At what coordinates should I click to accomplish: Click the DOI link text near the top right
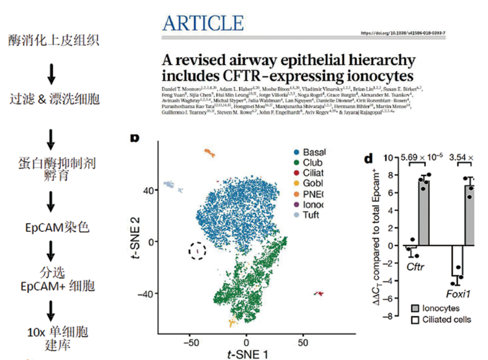point(403,33)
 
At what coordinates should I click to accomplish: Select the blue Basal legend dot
point(298,152)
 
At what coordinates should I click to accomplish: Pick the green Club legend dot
point(298,162)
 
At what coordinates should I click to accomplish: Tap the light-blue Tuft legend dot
point(298,216)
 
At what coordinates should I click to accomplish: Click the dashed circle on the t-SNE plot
point(198,250)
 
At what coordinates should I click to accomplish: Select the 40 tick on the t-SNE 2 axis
point(148,191)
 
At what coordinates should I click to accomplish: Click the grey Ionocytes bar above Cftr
point(425,212)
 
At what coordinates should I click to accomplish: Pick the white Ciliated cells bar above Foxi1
point(457,260)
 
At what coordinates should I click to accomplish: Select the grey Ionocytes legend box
point(415,308)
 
